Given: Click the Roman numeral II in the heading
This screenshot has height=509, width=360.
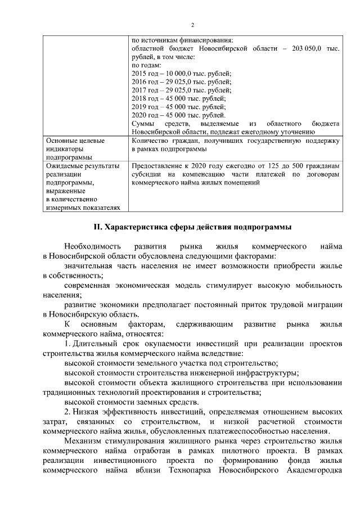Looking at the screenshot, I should pos(96,227).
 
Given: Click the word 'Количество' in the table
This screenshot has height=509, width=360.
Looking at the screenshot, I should pos(150,141).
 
